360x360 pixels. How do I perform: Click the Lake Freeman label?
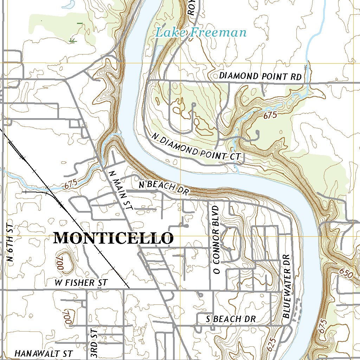point(201,33)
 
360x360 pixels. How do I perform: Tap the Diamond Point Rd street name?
point(260,76)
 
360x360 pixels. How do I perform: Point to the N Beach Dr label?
point(164,186)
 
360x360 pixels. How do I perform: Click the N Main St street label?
point(120,190)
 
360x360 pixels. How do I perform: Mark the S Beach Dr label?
point(231,319)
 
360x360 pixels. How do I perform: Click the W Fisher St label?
point(81,283)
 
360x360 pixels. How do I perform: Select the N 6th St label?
point(10,243)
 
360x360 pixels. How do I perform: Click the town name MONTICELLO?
point(113,238)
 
